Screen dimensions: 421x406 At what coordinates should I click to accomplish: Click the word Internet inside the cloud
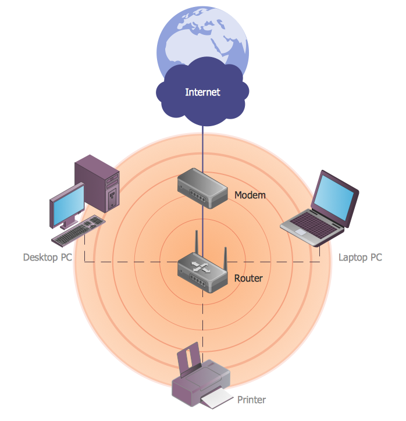tap(202, 92)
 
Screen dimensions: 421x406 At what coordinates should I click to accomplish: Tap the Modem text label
tap(250, 195)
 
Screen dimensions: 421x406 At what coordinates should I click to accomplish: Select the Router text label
tap(248, 278)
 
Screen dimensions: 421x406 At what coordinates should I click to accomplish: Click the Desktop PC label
tap(48, 257)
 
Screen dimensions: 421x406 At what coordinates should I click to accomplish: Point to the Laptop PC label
tap(360, 257)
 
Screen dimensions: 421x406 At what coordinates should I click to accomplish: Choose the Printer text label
tap(251, 399)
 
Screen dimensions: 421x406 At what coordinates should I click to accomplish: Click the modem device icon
tap(202, 188)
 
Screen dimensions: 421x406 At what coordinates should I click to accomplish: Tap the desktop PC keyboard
tap(78, 233)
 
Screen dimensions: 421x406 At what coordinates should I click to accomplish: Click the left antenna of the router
tap(196, 244)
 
